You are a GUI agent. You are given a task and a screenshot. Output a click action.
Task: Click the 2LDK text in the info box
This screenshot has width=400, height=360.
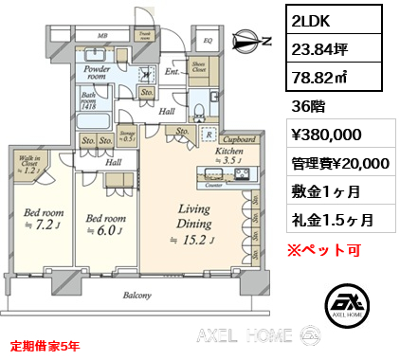[x=313, y=21]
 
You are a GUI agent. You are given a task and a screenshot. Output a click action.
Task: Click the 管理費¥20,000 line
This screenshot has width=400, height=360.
[x=338, y=163]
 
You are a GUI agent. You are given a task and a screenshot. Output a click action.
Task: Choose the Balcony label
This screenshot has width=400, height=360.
[x=136, y=296]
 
